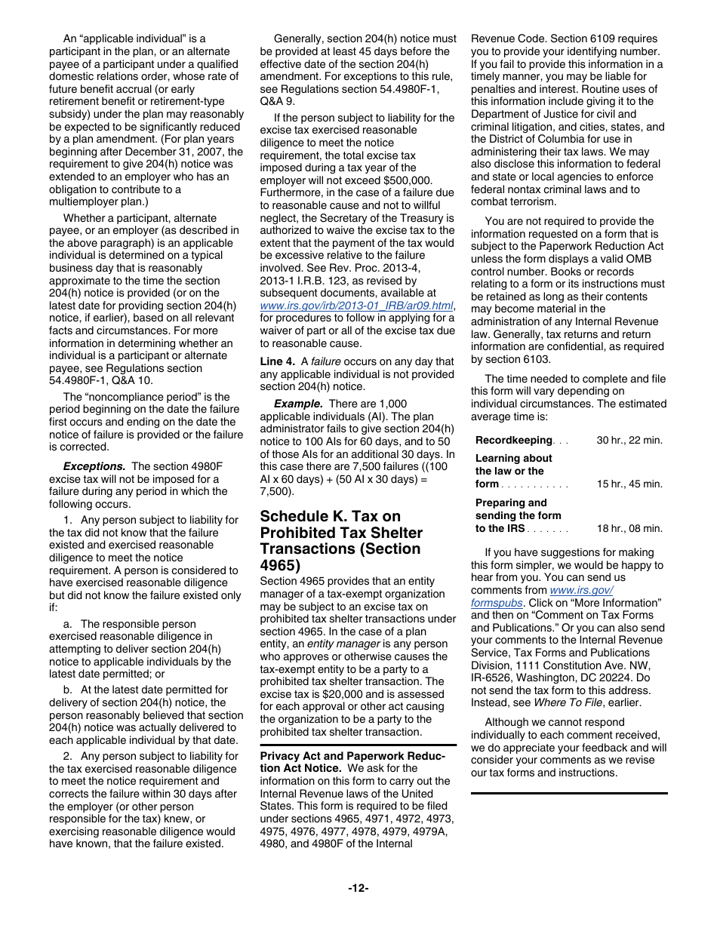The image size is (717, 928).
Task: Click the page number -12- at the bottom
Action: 358,888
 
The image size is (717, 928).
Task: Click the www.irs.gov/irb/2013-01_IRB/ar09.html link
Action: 356,306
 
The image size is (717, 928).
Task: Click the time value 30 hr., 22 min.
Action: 629,440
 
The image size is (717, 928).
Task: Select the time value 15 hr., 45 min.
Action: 629,484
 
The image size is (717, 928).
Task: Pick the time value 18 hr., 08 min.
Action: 629,528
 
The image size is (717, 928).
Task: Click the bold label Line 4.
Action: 277,361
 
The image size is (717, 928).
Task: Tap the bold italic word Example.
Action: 298,404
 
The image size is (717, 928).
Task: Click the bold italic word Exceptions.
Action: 94,466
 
